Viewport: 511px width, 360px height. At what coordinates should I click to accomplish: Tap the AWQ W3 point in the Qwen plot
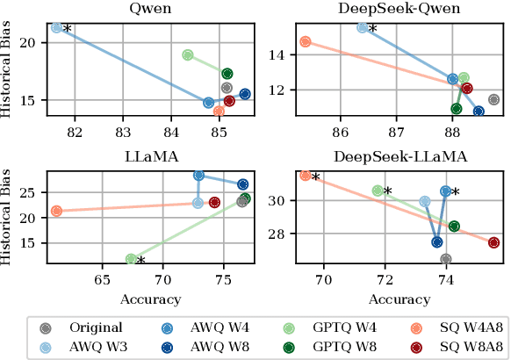tap(57, 28)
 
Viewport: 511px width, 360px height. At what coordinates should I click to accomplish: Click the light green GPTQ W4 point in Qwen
tap(187, 55)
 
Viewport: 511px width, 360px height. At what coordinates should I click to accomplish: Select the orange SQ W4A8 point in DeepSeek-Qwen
tap(306, 41)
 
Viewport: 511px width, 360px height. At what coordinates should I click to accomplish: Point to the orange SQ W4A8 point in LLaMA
tap(57, 211)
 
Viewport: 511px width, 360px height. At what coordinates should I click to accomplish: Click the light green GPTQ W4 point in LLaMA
tap(131, 259)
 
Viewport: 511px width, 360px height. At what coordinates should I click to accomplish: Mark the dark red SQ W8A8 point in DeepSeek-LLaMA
tap(493, 242)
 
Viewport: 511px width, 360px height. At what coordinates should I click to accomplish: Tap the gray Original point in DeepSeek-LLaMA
tap(445, 259)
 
